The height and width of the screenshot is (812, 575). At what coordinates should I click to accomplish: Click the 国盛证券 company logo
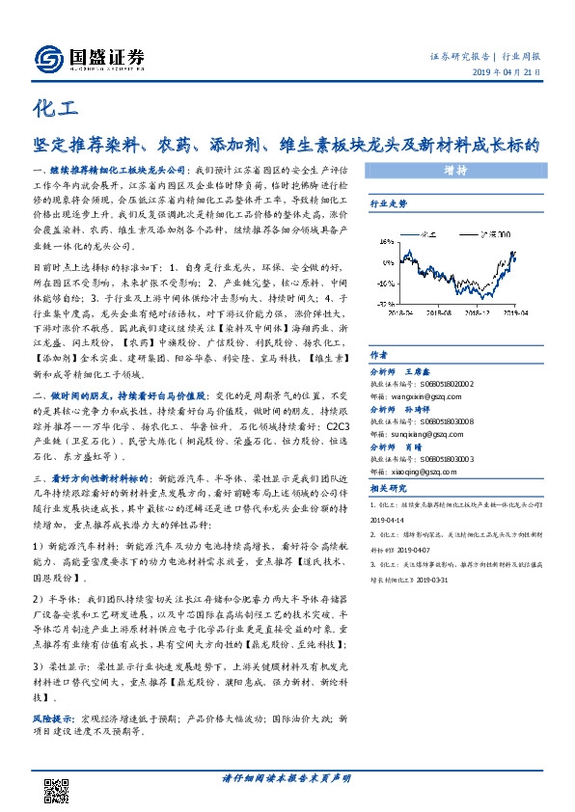90,59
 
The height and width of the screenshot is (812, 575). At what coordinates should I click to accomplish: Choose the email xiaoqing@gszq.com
414,474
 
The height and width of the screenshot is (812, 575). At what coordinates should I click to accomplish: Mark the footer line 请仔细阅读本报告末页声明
287,778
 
